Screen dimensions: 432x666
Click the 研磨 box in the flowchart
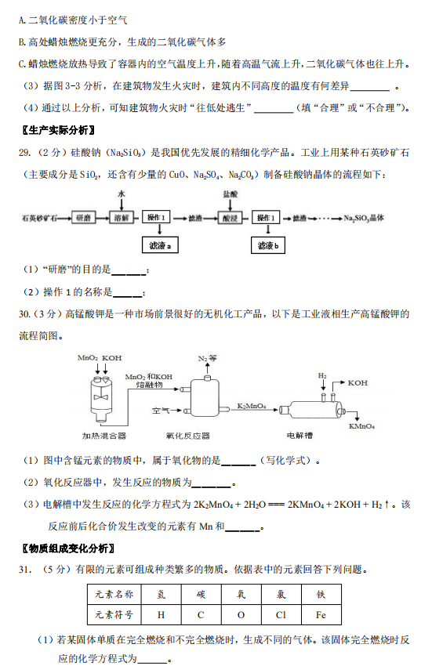[x=83, y=218]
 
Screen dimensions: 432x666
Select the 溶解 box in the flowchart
[x=122, y=218]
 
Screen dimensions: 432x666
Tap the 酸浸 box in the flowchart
[x=230, y=218]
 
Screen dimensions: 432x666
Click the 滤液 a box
[x=160, y=245]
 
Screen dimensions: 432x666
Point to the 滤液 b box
[x=268, y=245]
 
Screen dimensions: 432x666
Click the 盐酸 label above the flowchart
[x=230, y=194]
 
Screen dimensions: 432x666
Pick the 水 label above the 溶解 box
[x=122, y=194]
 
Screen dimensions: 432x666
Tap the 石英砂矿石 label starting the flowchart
[x=39, y=219]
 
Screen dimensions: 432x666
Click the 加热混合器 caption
[x=103, y=436]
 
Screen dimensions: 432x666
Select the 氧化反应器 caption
[x=188, y=436]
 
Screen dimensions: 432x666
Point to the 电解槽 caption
[x=299, y=435]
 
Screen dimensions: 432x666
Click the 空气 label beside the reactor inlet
[x=161, y=411]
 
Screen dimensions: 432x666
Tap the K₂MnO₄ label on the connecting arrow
[x=252, y=406]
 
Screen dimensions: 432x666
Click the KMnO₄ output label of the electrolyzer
[x=361, y=426]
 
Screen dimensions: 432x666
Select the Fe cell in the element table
[x=321, y=614]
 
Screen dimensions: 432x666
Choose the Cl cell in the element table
[x=281, y=614]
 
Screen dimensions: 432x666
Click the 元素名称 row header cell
[x=114, y=594]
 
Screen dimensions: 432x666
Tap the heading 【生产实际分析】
[x=58, y=130]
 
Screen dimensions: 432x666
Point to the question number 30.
[x=24, y=314]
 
